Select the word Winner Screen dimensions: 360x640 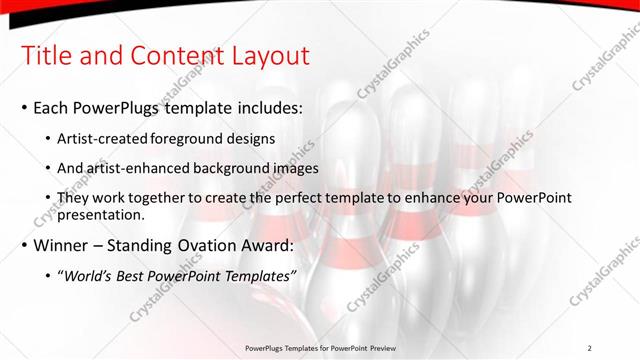pos(63,244)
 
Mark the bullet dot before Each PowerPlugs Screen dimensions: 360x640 pos(23,107)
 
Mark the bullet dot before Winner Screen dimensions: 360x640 pos(23,245)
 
